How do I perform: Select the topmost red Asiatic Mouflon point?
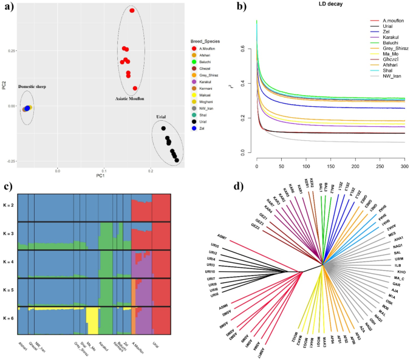pyautogui.click(x=132, y=11)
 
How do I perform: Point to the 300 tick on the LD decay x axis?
pyautogui.click(x=403, y=166)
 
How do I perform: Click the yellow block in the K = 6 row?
pyautogui.click(x=92, y=320)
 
